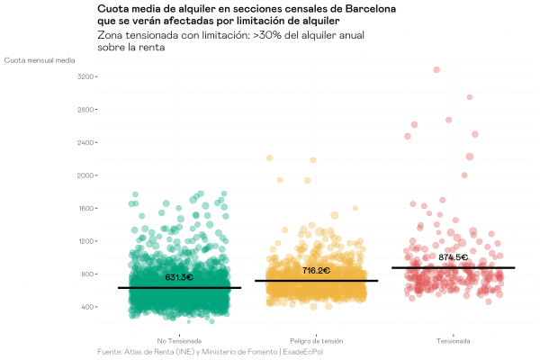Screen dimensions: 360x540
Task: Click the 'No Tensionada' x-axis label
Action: tap(179, 341)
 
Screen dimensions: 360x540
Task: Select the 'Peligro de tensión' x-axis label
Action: tap(316, 341)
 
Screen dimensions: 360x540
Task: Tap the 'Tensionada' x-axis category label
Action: tap(453, 341)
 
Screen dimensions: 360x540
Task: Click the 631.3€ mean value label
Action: tap(179, 277)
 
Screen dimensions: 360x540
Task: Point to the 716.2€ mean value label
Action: tap(316, 270)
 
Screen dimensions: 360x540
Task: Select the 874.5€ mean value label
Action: tap(453, 257)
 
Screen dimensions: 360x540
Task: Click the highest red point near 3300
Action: tap(436, 69)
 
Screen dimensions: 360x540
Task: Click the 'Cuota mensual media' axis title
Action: tap(40, 60)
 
